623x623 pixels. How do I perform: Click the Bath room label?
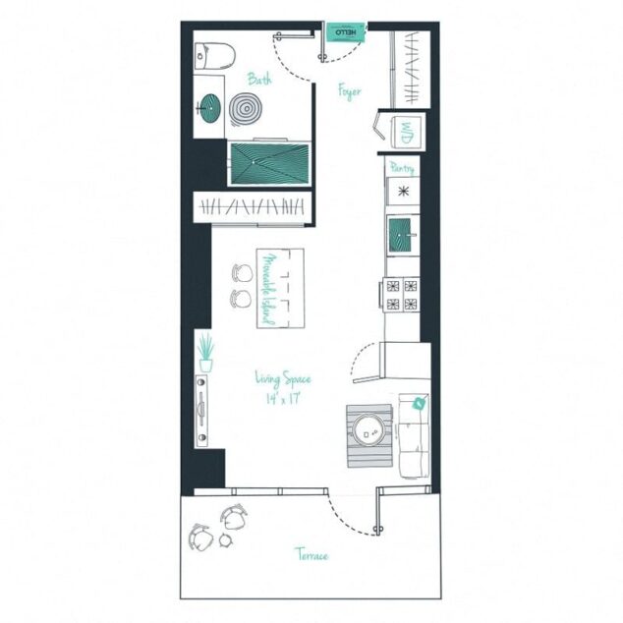(x=259, y=80)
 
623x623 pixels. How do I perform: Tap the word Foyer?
(x=349, y=91)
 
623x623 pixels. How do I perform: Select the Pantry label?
(x=402, y=168)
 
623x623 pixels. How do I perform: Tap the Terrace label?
(x=311, y=555)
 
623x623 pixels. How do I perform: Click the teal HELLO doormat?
(x=345, y=33)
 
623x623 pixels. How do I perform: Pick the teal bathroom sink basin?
(x=210, y=105)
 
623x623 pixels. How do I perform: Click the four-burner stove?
(x=403, y=295)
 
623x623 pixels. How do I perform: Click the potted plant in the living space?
(x=205, y=352)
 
